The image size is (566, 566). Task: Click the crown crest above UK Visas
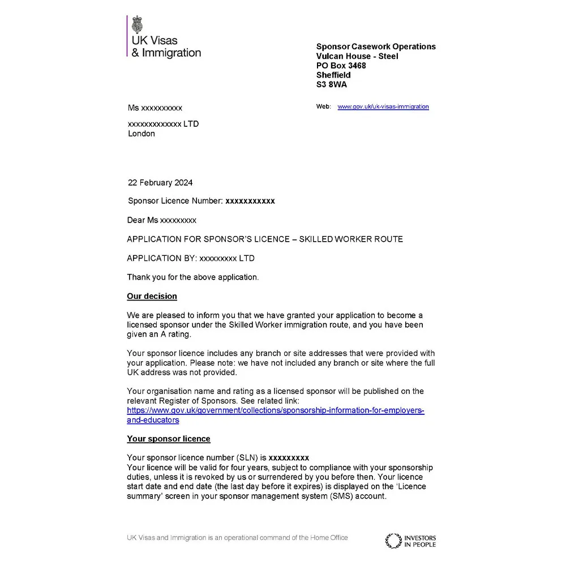pos(137,25)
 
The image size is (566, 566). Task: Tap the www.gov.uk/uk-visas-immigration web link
pos(383,106)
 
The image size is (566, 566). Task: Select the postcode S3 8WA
pos(332,84)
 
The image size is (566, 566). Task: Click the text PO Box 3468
pos(341,66)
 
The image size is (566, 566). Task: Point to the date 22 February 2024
pos(160,183)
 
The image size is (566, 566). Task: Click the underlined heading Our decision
pos(152,296)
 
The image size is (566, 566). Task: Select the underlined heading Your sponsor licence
pos(168,439)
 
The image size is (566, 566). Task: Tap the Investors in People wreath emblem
pos(393,541)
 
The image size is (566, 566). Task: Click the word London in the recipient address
pos(141,134)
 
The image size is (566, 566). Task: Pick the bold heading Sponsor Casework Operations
pos(376,46)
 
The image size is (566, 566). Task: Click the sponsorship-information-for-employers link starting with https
pos(275,410)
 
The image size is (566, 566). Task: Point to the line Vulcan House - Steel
pos(357,56)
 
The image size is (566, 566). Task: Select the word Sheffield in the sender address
pos(333,75)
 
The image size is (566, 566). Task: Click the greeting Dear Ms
pos(143,220)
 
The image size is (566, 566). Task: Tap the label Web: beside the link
pos(323,106)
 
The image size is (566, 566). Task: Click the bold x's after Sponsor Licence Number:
pos(250,201)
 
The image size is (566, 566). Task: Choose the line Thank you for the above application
pos(192,277)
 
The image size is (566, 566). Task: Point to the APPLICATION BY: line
pos(190,258)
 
